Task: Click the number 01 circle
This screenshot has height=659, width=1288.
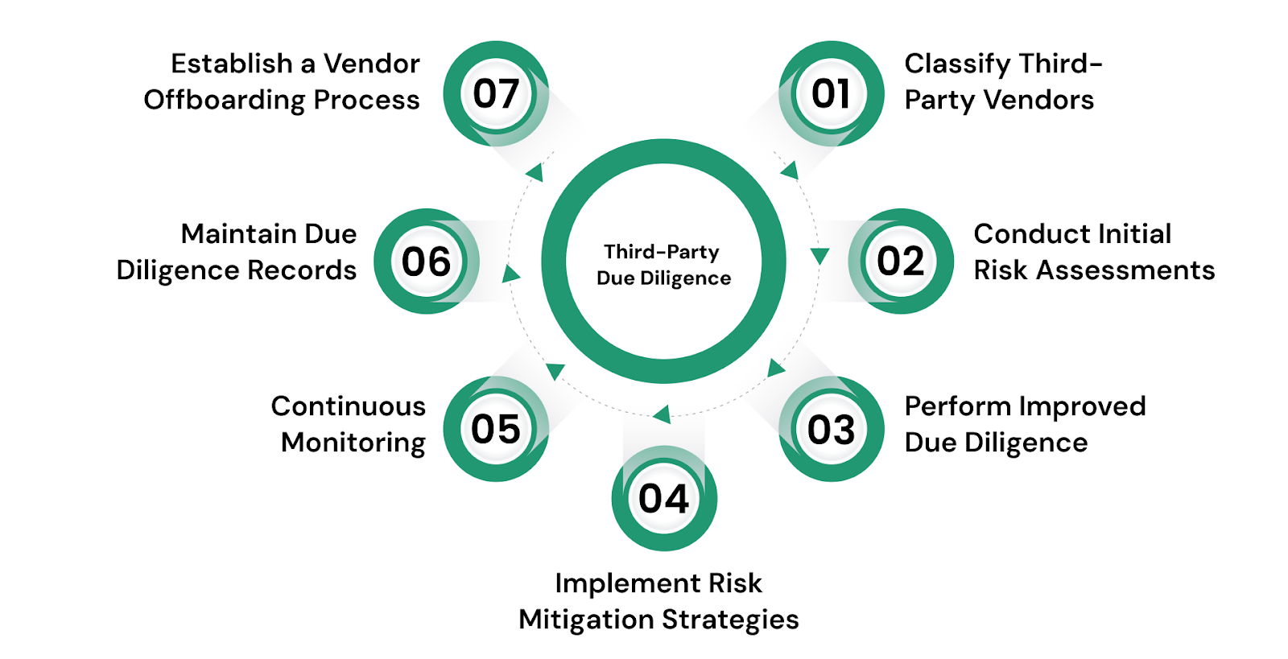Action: [831, 93]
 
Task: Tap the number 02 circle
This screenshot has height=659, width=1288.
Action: [901, 261]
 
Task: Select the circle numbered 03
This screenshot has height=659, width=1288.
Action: [831, 429]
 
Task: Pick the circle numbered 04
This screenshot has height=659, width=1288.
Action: [664, 498]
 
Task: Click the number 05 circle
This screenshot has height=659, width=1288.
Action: [496, 429]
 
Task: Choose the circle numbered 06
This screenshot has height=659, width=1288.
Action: [426, 261]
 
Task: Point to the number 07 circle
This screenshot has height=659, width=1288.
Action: [496, 93]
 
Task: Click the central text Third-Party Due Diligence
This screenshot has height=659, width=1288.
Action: [663, 265]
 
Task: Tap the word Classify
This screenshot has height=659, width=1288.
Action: [957, 64]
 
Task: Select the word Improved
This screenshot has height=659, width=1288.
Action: [1082, 406]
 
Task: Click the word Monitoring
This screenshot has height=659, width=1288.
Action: [353, 443]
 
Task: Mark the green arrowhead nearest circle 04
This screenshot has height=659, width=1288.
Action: [662, 414]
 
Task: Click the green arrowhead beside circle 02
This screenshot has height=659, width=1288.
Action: [819, 256]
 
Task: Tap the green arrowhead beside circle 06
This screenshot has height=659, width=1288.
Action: [510, 274]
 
